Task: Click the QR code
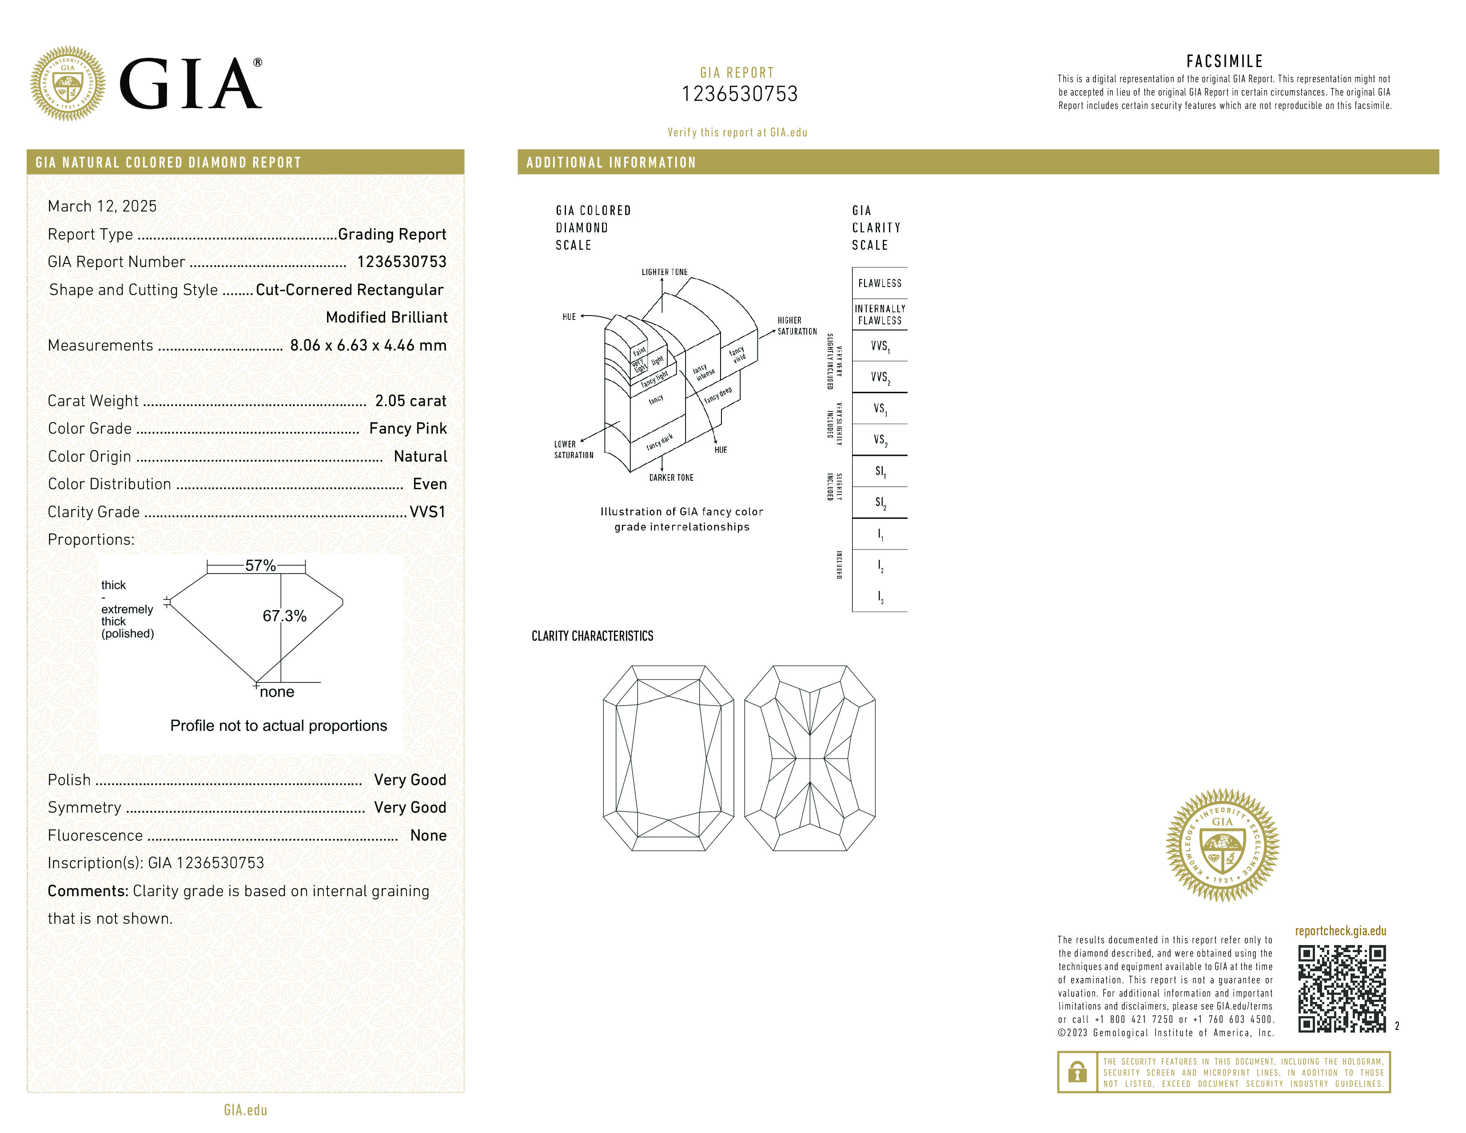click(x=1341, y=988)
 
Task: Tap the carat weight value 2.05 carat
click(x=410, y=401)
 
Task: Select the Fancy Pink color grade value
click(x=407, y=428)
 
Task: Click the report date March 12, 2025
click(x=102, y=206)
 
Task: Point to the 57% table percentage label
click(x=260, y=565)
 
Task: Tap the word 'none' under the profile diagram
click(x=277, y=692)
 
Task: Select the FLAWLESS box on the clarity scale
click(x=879, y=283)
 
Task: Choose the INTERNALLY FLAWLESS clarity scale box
click(x=879, y=314)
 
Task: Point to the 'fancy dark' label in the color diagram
click(x=659, y=442)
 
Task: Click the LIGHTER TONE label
click(x=664, y=272)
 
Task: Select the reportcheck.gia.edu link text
click(x=1340, y=931)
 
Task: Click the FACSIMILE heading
click(x=1224, y=61)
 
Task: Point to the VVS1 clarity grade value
click(x=427, y=511)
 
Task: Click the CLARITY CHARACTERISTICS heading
click(x=592, y=636)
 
